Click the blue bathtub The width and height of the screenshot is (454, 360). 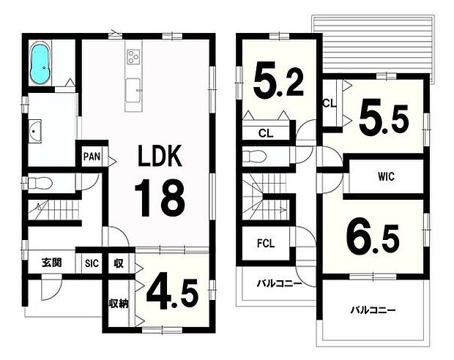click(41, 64)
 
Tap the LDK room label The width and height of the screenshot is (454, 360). click(160, 155)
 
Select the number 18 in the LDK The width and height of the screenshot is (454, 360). click(160, 198)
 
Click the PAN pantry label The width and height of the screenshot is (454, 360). click(92, 157)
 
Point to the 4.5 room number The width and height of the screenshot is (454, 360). click(172, 295)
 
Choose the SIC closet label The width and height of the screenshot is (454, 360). click(92, 263)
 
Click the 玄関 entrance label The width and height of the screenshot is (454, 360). click(51, 263)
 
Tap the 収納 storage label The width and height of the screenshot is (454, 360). click(119, 304)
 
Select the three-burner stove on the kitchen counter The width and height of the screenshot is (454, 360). click(133, 56)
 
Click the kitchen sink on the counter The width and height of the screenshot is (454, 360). click(133, 90)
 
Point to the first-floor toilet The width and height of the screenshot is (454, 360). click(40, 183)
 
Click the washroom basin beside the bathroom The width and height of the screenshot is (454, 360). click(35, 132)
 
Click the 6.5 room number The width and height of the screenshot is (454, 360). click(373, 238)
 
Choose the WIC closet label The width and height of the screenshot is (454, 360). click(386, 176)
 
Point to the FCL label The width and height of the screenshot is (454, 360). click(266, 244)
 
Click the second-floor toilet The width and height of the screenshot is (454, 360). click(254, 157)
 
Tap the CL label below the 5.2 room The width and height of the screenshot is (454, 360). click(266, 133)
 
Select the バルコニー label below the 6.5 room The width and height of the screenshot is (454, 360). click(373, 310)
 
